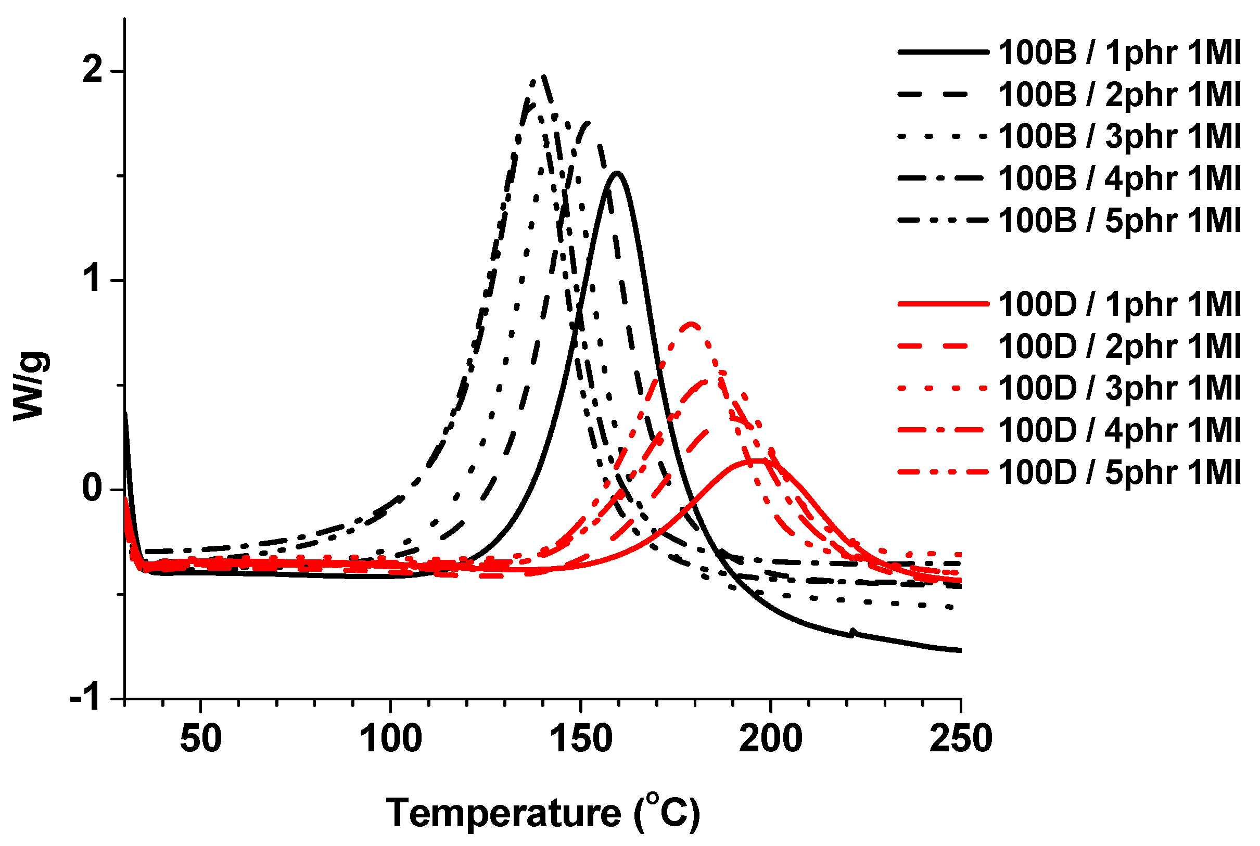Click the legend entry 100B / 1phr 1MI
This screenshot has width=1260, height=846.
tap(1119, 53)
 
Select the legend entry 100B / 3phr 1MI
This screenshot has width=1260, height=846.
tap(1119, 136)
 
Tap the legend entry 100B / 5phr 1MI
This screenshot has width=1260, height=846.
tap(1119, 220)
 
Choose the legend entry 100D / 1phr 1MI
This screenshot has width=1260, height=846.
tap(1119, 304)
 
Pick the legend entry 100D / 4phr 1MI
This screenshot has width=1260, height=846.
tap(1119, 430)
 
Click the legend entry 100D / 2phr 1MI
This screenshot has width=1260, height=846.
tap(1119, 346)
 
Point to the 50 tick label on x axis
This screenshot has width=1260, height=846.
tap(201, 739)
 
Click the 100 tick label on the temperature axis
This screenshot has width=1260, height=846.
tap(391, 739)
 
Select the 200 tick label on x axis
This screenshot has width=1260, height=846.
tap(771, 739)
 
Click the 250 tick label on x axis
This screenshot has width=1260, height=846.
tap(961, 739)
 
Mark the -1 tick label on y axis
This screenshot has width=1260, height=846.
tap(86, 699)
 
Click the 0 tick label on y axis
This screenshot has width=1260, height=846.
tap(93, 489)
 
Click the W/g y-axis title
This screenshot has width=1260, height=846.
tap(30, 385)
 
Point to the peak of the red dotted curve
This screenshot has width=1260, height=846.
tap(692, 324)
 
